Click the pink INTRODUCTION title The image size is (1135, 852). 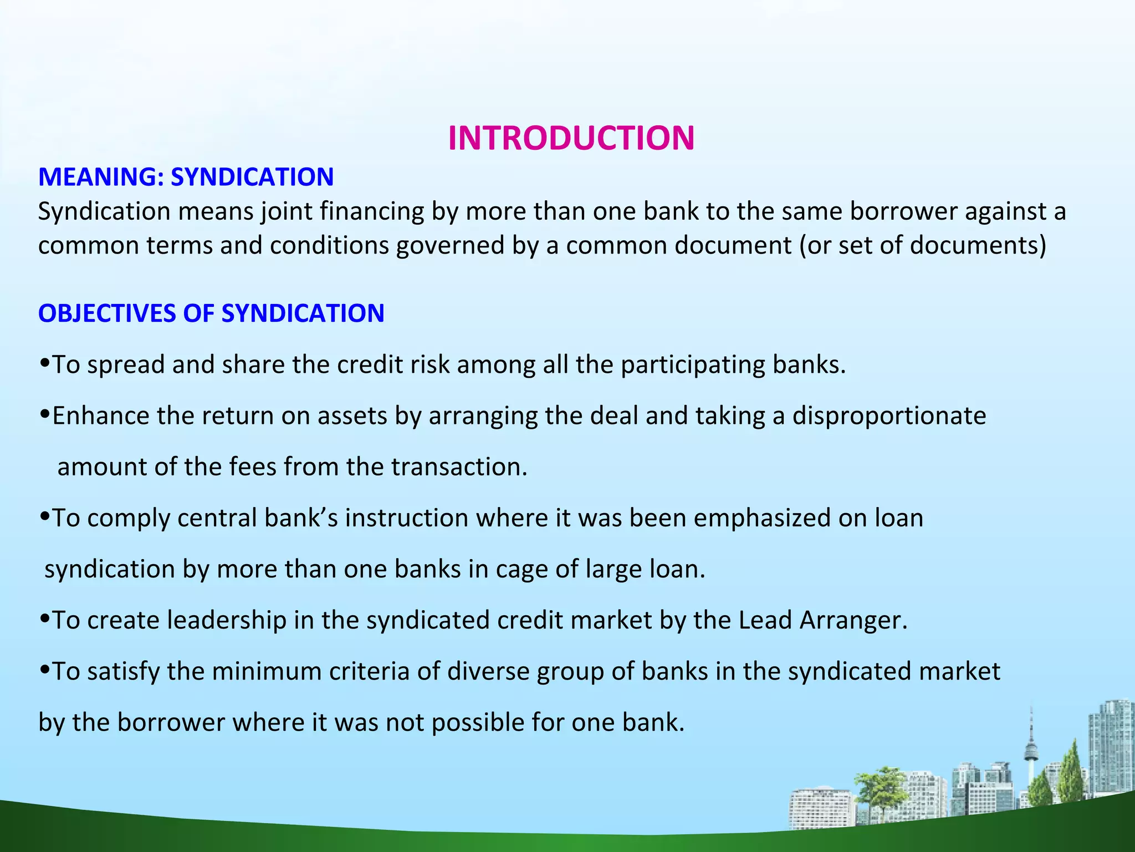pyautogui.click(x=571, y=138)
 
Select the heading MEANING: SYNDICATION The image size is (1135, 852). pyautogui.click(x=186, y=177)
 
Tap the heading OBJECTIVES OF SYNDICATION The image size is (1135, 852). pyautogui.click(x=211, y=313)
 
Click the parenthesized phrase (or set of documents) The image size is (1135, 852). pyautogui.click(x=923, y=245)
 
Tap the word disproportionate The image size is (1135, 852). pyautogui.click(x=889, y=416)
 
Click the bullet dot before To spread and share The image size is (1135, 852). pyautogui.click(x=45, y=364)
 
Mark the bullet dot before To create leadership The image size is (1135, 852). pyautogui.click(x=45, y=619)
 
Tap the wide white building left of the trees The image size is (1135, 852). pyautogui.click(x=820, y=810)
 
